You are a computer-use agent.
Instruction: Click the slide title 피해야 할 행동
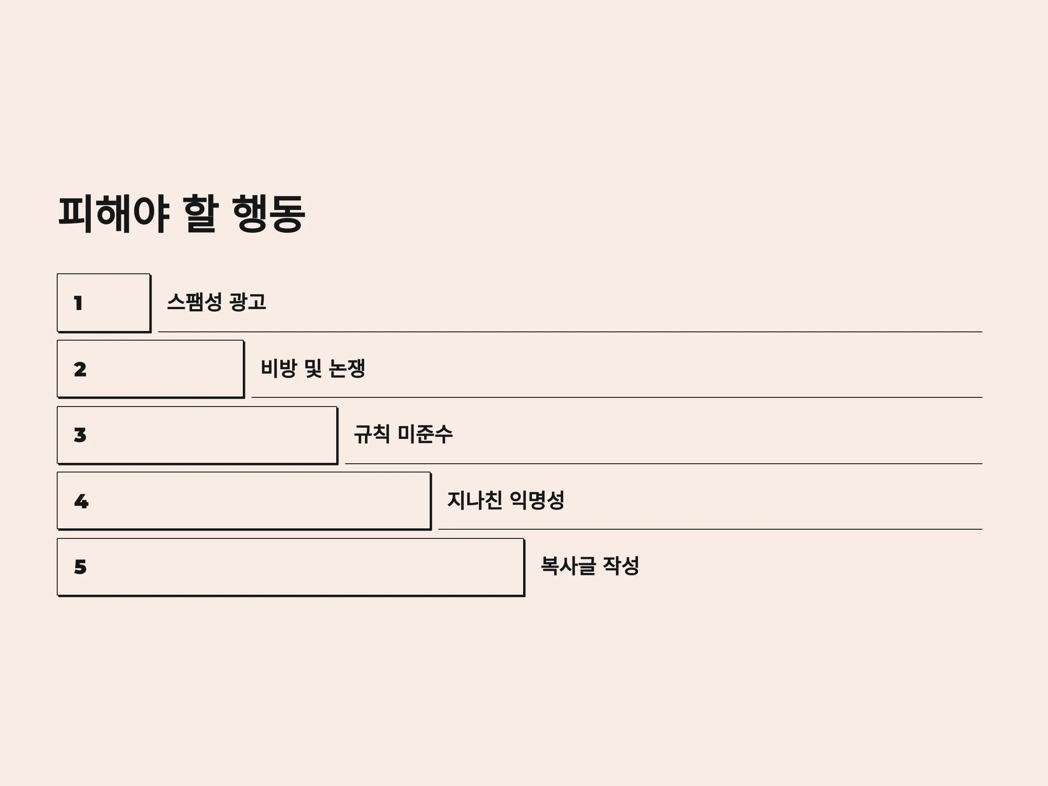click(x=182, y=214)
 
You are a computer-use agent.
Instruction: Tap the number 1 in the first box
click(x=78, y=303)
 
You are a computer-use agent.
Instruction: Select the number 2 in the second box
click(x=80, y=369)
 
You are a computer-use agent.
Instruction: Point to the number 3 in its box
click(x=80, y=435)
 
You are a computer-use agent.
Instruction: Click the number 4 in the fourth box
click(x=81, y=501)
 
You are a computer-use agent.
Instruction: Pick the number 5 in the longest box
click(x=80, y=567)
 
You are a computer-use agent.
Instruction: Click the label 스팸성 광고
click(x=217, y=302)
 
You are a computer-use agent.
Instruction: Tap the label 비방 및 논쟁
click(x=313, y=368)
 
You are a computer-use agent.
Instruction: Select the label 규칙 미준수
click(x=403, y=434)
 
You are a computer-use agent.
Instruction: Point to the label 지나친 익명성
click(x=506, y=500)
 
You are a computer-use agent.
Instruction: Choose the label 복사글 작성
click(x=590, y=565)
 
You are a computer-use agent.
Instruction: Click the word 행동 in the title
click(x=269, y=214)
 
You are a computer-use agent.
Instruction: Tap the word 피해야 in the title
click(x=114, y=214)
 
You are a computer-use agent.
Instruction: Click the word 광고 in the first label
click(x=248, y=302)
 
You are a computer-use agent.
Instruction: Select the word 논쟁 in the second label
click(x=347, y=368)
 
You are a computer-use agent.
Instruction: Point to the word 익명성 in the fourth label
click(x=537, y=500)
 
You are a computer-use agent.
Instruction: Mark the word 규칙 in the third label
click(x=372, y=434)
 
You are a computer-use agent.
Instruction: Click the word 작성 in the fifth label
click(x=621, y=565)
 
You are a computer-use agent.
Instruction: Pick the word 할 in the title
click(x=200, y=214)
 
